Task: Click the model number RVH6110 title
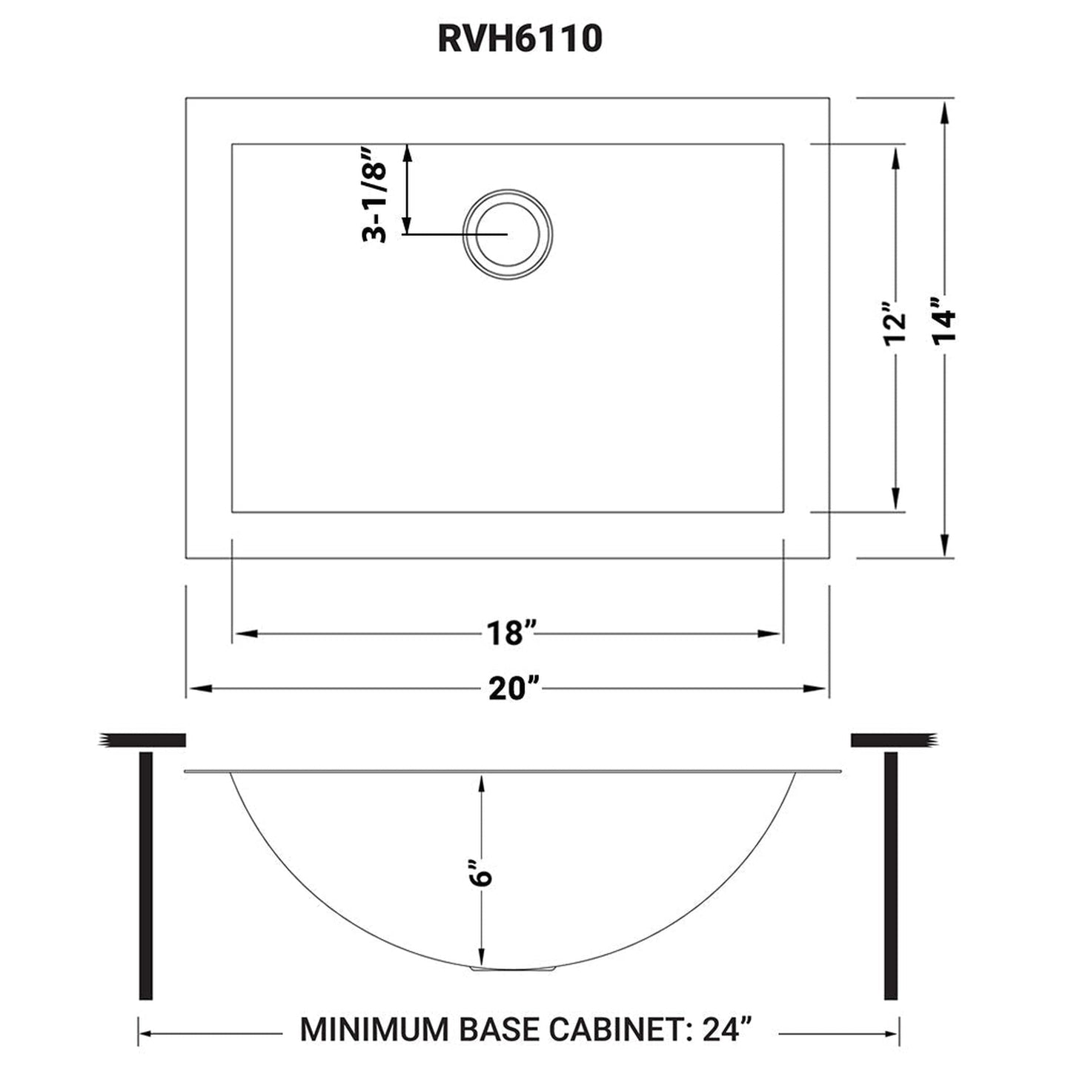pos(520,39)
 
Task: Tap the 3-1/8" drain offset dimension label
pos(375,194)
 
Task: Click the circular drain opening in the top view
pos(508,233)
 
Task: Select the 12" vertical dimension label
pos(895,323)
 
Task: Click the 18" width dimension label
pos(511,634)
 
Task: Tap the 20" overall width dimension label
pos(512,689)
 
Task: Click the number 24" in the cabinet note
pos(723,1029)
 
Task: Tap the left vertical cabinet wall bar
pos(146,875)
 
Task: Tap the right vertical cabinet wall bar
pos(891,875)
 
